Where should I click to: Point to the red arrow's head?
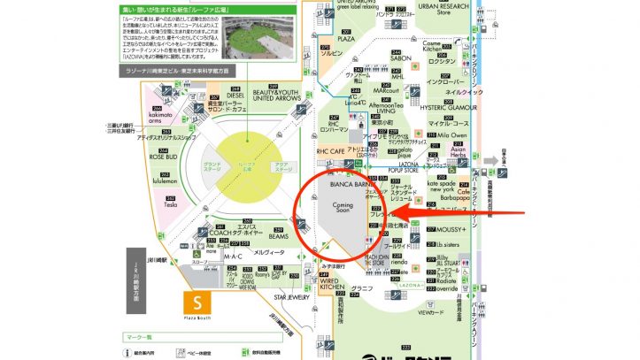click(396, 212)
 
